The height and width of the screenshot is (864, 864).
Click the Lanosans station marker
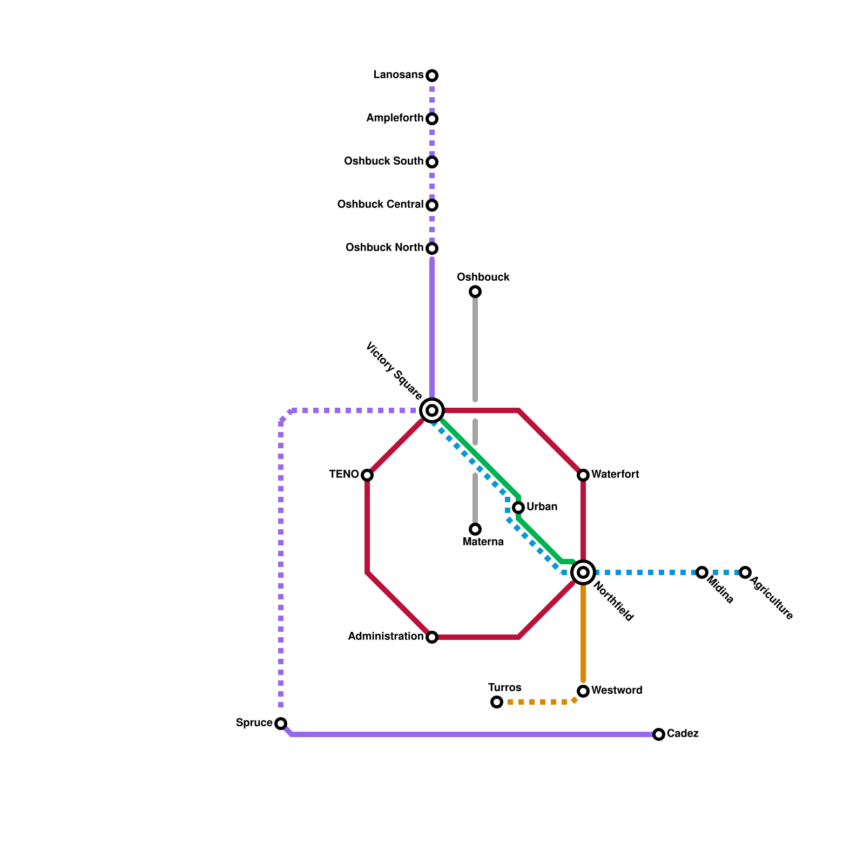[x=432, y=76]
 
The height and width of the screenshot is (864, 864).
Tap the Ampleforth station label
[x=395, y=118]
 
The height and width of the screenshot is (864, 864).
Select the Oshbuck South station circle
[x=432, y=162]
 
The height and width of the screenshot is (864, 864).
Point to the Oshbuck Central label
[x=380, y=205]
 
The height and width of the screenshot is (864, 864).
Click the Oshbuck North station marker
[x=432, y=248]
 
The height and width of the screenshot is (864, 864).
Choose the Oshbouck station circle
[x=475, y=292]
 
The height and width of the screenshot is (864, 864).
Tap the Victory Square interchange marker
[x=432, y=410]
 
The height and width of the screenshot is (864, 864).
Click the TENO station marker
[x=367, y=475]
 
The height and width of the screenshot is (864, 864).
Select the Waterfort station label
[x=615, y=475]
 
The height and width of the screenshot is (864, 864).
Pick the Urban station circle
[x=518, y=508]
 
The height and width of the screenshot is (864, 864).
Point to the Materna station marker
[x=475, y=529]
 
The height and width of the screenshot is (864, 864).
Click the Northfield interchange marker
[x=583, y=572]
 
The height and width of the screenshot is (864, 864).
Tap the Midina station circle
[x=702, y=572]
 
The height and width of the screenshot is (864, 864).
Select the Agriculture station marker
[x=745, y=572]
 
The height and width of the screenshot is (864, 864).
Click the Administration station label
[x=386, y=637]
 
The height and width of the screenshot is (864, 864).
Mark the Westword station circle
[x=583, y=691]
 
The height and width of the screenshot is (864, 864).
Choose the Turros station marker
[x=497, y=702]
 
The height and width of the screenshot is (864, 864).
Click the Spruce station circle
[x=281, y=724]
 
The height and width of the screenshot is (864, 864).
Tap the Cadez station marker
[x=659, y=734]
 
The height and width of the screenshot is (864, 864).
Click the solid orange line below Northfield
[x=583, y=632]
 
